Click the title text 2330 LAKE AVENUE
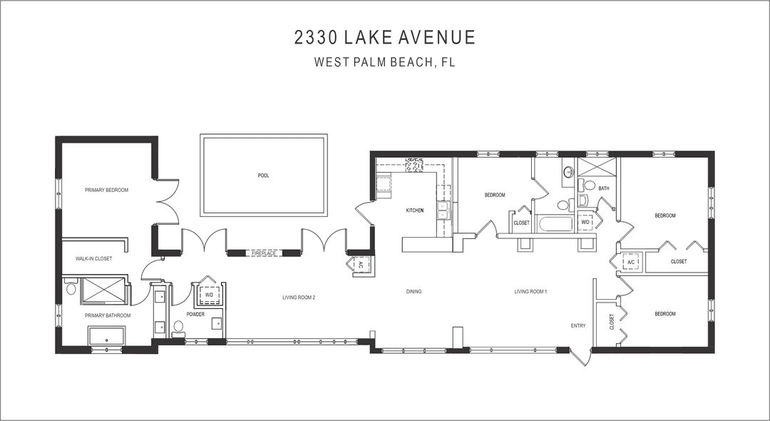click(384, 37)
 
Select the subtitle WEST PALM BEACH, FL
click(384, 62)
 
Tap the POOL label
click(264, 176)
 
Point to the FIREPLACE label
click(264, 253)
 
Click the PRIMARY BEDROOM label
click(106, 190)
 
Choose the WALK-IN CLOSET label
click(93, 258)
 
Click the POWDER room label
click(196, 314)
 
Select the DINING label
click(414, 291)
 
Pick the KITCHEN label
click(415, 210)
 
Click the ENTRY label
click(578, 326)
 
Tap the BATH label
click(604, 188)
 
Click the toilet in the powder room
click(178, 327)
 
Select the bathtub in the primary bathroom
click(106, 335)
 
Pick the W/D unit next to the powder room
click(210, 294)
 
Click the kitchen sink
click(443, 210)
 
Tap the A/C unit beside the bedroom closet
click(630, 262)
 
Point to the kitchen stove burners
click(413, 167)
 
